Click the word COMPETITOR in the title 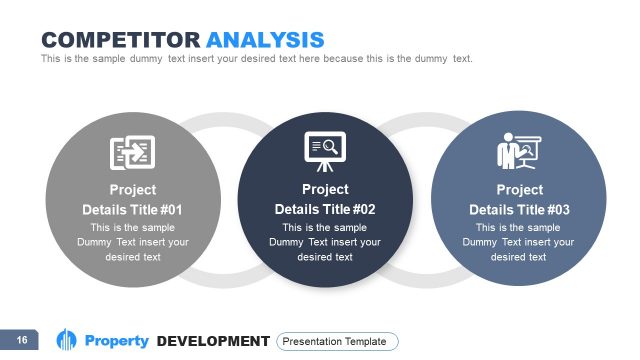pos(121,40)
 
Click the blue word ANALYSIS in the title pos(265,40)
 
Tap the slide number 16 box pos(21,341)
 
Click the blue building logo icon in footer pos(67,340)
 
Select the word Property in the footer pos(117,341)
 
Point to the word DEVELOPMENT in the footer pos(213,341)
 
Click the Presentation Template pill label pos(337,341)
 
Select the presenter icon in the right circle pos(518,152)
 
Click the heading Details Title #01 pos(132,210)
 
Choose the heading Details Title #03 pos(519,210)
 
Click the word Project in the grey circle pos(132,190)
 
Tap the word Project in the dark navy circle pos(325,189)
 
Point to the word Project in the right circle pos(519,190)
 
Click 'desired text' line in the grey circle pos(132,257)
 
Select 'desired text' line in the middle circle pos(325,257)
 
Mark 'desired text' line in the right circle pos(519,257)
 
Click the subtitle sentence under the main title pos(256,59)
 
